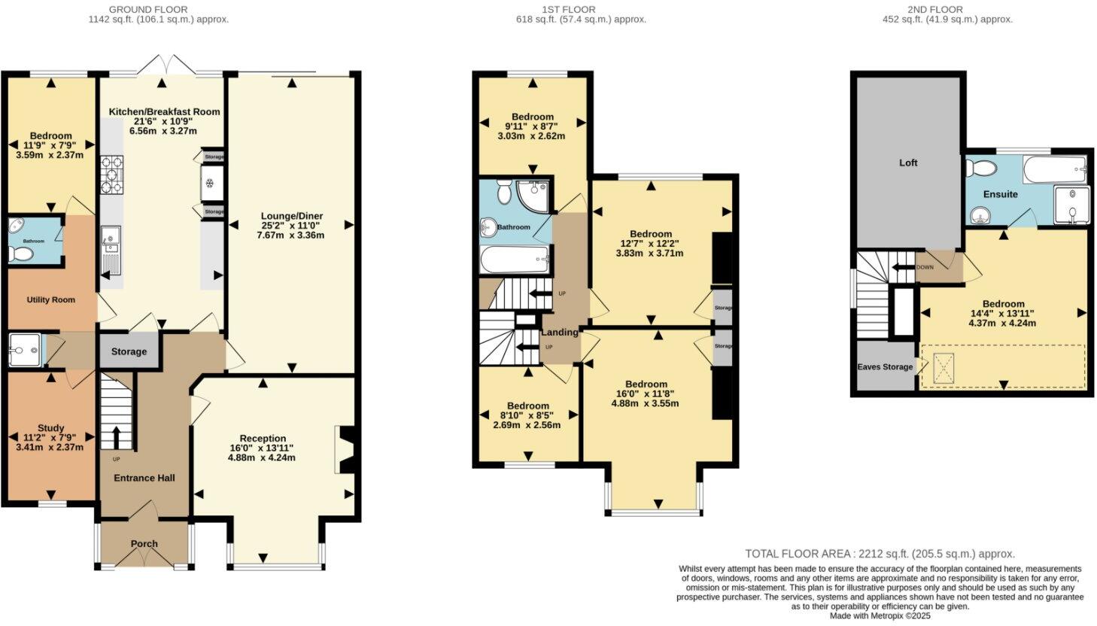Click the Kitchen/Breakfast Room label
164,111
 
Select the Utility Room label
51,299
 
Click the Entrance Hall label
144,478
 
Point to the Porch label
144,543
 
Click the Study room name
51,427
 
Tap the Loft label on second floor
908,163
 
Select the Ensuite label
1000,194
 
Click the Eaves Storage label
885,367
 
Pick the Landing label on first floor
560,332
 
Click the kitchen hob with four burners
111,175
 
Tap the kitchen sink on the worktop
110,239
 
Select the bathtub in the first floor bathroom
515,260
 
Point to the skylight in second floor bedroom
944,368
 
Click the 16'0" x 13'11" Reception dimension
262,448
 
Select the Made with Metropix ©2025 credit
880,615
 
